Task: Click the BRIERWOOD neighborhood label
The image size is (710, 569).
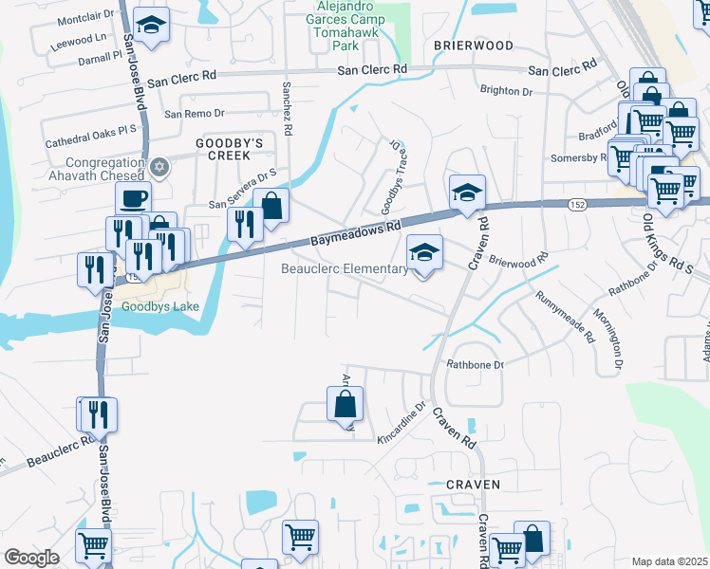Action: click(x=474, y=46)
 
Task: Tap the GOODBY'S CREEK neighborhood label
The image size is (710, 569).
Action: click(x=222, y=149)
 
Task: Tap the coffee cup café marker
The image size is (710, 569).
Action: click(x=133, y=198)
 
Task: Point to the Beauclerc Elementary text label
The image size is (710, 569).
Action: click(x=344, y=269)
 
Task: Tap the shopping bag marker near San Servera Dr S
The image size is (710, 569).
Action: click(x=271, y=206)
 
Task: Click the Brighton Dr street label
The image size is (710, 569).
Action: click(x=507, y=91)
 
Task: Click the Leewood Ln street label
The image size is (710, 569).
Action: click(x=81, y=39)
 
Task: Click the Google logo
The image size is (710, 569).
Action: click(x=30, y=558)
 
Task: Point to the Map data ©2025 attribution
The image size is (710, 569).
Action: click(x=668, y=561)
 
